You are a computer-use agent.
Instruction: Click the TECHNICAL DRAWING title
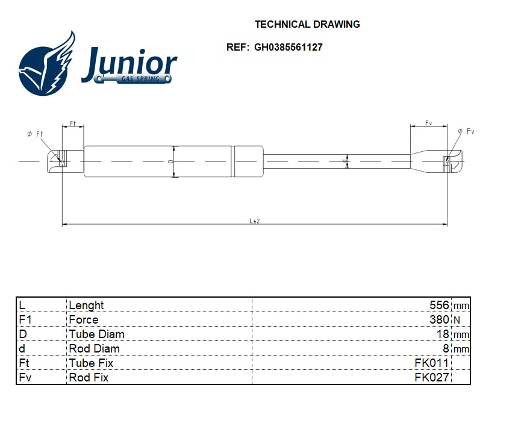tap(307, 25)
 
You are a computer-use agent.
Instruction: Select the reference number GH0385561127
tap(288, 47)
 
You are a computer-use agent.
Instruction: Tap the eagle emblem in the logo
tap(47, 65)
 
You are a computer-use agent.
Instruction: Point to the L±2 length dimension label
tap(255, 221)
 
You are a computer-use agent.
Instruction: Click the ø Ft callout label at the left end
tap(36, 134)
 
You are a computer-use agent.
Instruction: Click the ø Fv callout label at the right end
tap(466, 131)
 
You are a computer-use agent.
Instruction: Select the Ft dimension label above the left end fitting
tap(73, 123)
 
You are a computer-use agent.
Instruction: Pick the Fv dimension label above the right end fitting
tap(429, 123)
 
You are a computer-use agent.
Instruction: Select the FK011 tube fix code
tap(431, 363)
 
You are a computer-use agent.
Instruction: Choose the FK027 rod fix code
tap(431, 378)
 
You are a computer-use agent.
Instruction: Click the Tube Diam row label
tap(96, 334)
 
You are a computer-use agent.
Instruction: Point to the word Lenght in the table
tap(86, 305)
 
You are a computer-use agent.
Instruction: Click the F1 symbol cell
tap(25, 320)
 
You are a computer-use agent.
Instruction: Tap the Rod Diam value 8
tap(446, 349)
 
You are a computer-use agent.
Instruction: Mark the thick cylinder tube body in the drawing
tap(158, 161)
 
